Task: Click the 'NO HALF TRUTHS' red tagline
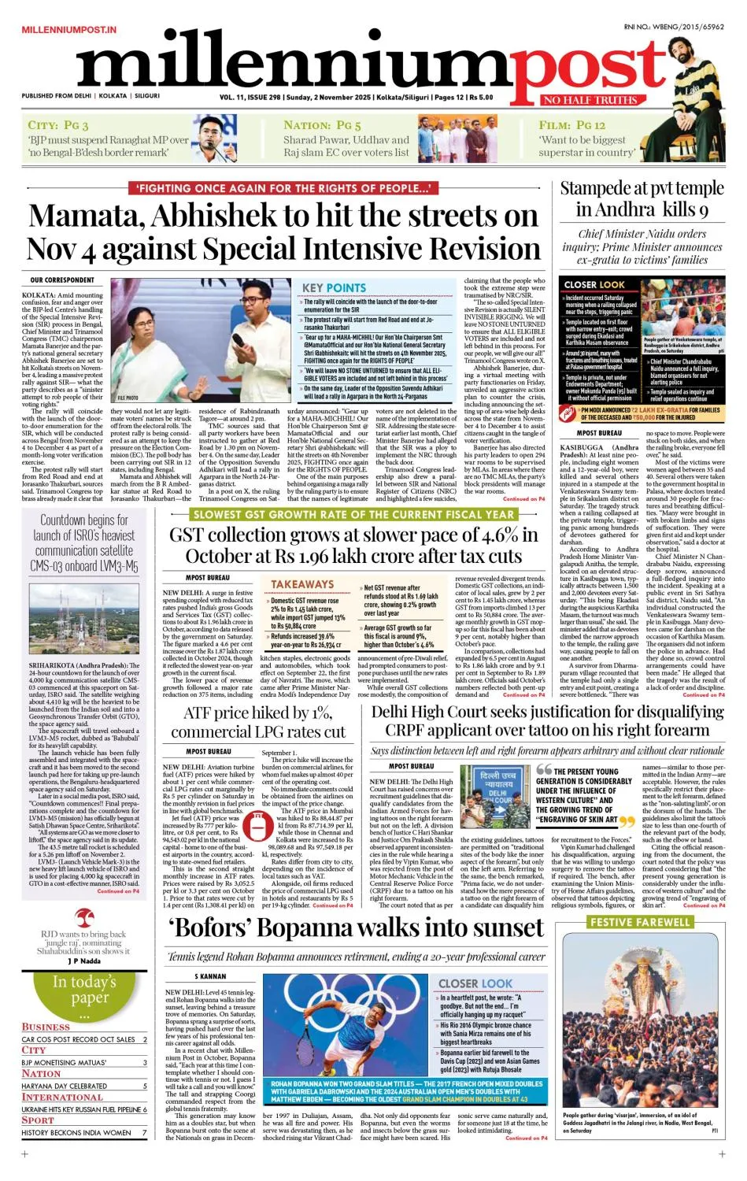coord(590,100)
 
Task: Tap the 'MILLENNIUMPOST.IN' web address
coord(69,29)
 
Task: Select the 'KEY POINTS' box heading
coord(335,288)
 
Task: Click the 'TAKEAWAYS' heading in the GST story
coord(302,584)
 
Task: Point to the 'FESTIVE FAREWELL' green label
coord(640,922)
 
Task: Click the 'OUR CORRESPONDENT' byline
coord(62,280)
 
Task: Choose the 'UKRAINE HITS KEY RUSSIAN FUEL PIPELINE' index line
coord(83,1109)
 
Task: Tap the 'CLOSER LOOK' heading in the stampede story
coord(594,284)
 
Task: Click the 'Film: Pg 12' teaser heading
coord(571,125)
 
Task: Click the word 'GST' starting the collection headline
coord(190,535)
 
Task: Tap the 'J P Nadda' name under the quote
coord(83,961)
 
